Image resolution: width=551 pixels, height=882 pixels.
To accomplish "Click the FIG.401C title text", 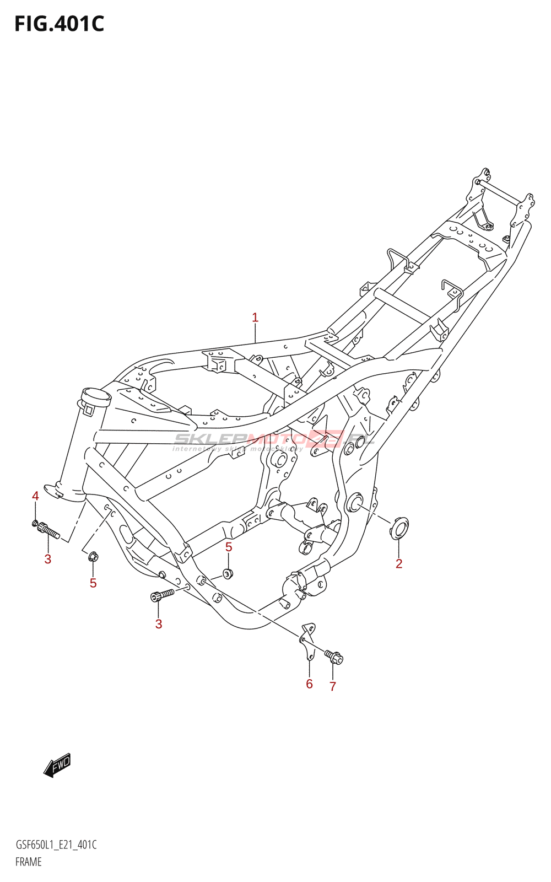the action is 59,24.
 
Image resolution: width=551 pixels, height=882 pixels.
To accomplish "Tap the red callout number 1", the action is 255,318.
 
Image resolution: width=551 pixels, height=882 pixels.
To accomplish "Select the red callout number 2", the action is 399,563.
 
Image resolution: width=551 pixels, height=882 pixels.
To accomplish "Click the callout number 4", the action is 35,496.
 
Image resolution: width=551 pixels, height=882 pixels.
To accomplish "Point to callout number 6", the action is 309,684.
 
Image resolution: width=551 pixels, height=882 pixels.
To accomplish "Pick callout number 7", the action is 333,686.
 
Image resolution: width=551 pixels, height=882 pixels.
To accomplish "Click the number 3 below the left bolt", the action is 48,559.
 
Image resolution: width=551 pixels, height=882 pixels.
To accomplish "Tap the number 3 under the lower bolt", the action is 159,624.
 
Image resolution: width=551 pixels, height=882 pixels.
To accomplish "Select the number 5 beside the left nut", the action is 93,583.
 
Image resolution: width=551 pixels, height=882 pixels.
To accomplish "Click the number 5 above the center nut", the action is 229,547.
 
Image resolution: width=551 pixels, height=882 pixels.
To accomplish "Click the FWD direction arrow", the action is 57,765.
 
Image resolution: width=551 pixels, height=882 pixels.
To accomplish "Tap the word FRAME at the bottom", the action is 29,862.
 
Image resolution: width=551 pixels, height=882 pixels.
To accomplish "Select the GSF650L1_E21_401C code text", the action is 56,845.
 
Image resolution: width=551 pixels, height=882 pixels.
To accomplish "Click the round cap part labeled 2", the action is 399,528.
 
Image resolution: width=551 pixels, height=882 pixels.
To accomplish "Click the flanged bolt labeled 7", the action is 334,657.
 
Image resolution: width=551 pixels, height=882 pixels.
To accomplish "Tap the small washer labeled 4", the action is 35,522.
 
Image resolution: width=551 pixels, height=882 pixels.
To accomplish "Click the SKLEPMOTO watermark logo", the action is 274,440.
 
